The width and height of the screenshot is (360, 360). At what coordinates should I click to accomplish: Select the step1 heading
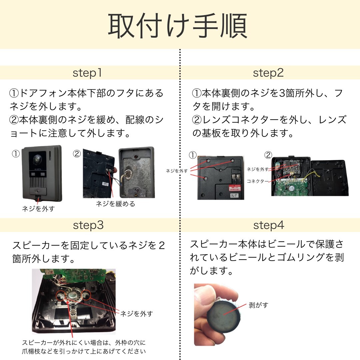(x=87, y=73)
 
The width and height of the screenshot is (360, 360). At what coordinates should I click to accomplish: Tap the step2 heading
(x=268, y=73)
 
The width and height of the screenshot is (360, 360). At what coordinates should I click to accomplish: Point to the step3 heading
(x=88, y=225)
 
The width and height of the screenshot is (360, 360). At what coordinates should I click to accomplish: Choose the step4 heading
(x=269, y=225)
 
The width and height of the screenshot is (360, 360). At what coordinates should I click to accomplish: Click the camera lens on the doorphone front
(x=37, y=159)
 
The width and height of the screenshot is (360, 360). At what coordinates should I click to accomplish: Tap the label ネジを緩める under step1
(x=115, y=204)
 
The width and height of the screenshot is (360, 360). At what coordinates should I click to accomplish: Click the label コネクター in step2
(x=257, y=181)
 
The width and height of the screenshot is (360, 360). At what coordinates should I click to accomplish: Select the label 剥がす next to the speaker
(x=259, y=305)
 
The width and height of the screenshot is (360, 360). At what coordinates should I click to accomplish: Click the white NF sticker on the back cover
(x=234, y=196)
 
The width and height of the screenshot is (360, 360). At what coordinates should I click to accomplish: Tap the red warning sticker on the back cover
(x=234, y=188)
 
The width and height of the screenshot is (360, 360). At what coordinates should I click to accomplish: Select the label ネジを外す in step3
(x=136, y=314)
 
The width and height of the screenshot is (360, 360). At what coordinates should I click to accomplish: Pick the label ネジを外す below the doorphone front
(x=38, y=209)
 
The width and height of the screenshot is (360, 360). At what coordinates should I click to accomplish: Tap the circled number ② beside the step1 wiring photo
(x=77, y=154)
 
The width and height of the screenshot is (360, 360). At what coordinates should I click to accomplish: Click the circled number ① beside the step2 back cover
(x=193, y=155)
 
